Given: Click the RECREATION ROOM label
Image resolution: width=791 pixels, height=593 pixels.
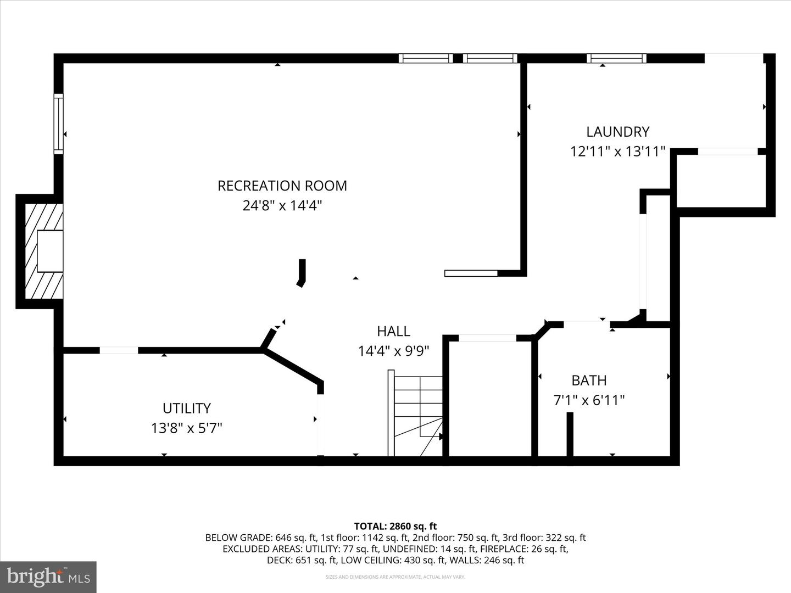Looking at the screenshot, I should pyautogui.click(x=282, y=186).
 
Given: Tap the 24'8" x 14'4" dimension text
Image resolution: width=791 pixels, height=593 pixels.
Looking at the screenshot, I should pyautogui.click(x=282, y=206).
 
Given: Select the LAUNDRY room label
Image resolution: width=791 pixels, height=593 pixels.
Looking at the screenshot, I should pyautogui.click(x=617, y=132).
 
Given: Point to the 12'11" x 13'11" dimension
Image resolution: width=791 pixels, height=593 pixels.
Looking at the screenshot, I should pyautogui.click(x=617, y=152).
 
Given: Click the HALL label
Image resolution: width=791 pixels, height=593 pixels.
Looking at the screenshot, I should pyautogui.click(x=393, y=331).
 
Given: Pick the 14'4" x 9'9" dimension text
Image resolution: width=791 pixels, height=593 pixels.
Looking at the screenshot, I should pyautogui.click(x=393, y=351).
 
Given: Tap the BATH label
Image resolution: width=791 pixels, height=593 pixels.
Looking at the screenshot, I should pyautogui.click(x=589, y=381).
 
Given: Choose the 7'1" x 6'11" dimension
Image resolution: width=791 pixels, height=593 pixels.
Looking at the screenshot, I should pyautogui.click(x=589, y=400).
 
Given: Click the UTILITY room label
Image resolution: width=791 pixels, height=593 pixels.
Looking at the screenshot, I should pyautogui.click(x=186, y=409).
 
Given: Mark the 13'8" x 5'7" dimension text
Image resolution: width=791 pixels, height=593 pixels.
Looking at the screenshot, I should pyautogui.click(x=186, y=428).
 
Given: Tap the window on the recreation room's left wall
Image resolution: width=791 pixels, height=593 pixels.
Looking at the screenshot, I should pyautogui.click(x=58, y=124).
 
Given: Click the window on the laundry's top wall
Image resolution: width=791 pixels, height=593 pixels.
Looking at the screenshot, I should pyautogui.click(x=616, y=58).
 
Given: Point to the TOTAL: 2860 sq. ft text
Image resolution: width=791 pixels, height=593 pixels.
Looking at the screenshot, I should pyautogui.click(x=395, y=527).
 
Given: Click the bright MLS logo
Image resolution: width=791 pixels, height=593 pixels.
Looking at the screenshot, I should pyautogui.click(x=48, y=577).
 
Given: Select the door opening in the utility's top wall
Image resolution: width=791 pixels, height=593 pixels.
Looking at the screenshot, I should pyautogui.click(x=119, y=350).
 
